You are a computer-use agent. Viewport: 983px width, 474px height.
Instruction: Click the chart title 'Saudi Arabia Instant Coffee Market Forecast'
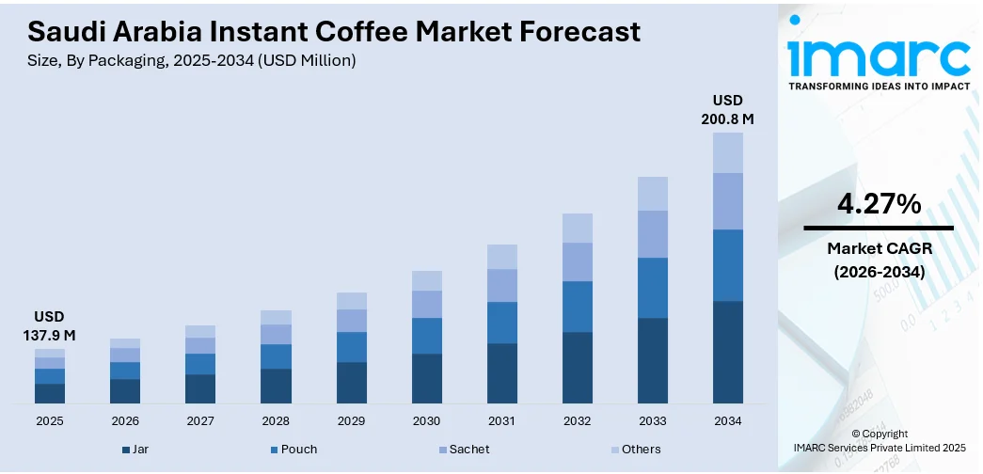tap(334, 32)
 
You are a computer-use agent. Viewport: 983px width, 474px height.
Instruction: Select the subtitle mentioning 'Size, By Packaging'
tap(192, 61)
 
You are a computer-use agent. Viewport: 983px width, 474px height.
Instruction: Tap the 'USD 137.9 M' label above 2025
tap(49, 324)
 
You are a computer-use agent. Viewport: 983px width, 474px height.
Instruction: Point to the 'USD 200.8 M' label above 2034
tap(727, 109)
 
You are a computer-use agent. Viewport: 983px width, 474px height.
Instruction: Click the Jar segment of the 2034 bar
tap(727, 352)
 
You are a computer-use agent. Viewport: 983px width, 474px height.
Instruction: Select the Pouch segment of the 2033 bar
tap(653, 288)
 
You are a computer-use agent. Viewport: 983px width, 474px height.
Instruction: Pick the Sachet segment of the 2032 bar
tap(578, 261)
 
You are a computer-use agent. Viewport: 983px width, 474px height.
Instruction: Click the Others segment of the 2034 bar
tap(727, 152)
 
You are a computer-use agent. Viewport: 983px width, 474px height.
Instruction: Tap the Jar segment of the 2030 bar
tap(426, 378)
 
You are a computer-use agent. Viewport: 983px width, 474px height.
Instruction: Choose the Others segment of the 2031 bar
tap(502, 257)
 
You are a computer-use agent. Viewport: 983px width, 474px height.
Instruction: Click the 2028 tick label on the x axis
tap(276, 420)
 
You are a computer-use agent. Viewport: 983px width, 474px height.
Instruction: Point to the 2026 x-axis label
tap(124, 420)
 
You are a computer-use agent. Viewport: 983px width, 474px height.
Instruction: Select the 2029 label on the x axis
tap(351, 420)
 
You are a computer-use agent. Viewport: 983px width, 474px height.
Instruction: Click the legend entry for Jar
tap(135, 450)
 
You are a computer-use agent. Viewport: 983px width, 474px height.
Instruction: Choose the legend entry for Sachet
tap(463, 450)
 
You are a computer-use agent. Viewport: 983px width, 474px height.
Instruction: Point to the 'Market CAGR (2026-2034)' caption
tap(878, 260)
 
